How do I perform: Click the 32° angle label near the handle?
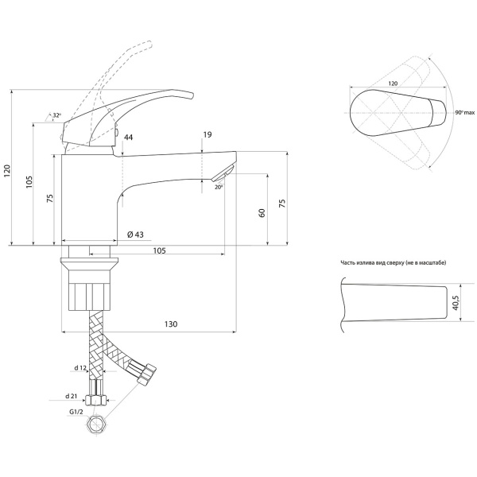(x=57, y=115)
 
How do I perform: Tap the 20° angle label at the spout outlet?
(x=219, y=188)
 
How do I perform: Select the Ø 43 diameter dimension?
(x=135, y=235)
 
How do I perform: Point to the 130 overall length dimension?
(x=171, y=324)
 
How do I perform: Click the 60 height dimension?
(x=262, y=213)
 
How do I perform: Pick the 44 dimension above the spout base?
(x=128, y=138)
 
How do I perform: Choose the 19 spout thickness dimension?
(x=207, y=134)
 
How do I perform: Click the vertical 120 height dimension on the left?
(x=7, y=171)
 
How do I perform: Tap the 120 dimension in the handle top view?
(x=393, y=83)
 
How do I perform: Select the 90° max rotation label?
(x=465, y=113)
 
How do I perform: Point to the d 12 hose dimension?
(x=80, y=368)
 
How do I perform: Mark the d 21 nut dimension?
(x=72, y=397)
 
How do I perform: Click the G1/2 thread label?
(x=76, y=412)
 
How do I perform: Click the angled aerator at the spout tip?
(x=223, y=173)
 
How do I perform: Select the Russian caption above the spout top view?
(x=394, y=263)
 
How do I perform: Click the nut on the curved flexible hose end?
(x=147, y=373)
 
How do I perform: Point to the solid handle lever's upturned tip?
(x=189, y=95)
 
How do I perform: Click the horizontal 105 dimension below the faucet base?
(x=159, y=250)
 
